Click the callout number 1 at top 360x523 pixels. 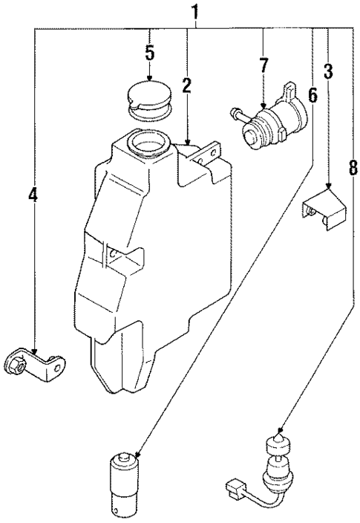click(196, 13)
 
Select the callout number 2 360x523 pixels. click(186, 85)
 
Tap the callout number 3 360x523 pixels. click(327, 72)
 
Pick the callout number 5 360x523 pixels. click(149, 53)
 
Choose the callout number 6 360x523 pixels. click(312, 94)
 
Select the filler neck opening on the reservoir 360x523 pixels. click(146, 139)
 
